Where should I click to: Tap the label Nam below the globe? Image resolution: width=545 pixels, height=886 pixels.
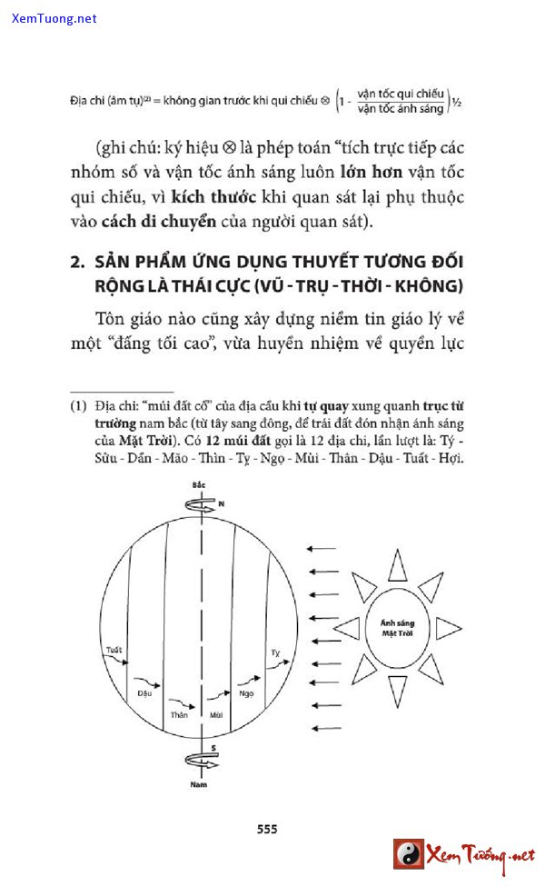(198, 783)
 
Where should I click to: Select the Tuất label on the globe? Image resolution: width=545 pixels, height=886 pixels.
(114, 651)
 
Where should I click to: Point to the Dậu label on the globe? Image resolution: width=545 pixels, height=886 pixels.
(144, 692)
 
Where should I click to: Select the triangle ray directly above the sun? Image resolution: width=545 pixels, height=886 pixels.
(398, 564)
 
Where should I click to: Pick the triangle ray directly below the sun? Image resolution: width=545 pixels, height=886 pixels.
(398, 692)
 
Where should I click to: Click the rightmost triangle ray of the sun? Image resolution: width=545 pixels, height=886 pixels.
(448, 628)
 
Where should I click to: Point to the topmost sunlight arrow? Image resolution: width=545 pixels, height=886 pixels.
(323, 549)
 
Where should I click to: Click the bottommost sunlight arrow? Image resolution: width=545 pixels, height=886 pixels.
(323, 728)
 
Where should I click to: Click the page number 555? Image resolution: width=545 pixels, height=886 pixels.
(267, 829)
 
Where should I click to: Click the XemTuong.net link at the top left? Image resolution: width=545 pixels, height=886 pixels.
(54, 18)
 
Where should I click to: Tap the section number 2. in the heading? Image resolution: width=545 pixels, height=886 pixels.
(77, 263)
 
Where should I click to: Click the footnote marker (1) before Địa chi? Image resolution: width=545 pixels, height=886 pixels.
(79, 403)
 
